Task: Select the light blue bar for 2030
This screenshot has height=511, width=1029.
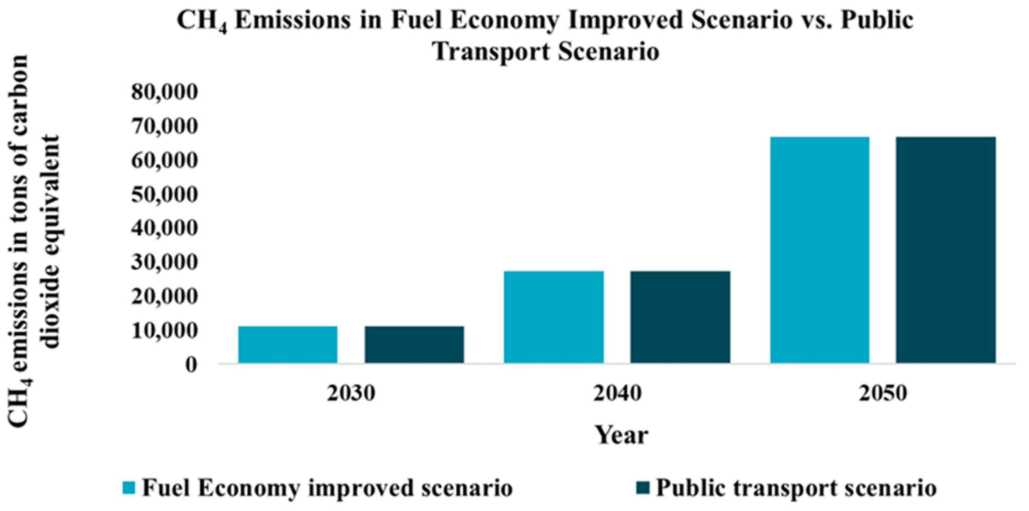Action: point(288,344)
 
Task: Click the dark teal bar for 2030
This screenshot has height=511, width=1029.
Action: point(414,344)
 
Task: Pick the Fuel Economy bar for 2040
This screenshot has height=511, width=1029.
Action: point(554,317)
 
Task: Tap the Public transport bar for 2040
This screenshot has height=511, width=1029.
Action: point(680,317)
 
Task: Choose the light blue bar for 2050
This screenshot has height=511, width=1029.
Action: point(820,250)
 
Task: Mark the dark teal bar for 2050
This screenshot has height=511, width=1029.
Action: point(946,250)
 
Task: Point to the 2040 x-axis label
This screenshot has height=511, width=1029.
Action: point(617,394)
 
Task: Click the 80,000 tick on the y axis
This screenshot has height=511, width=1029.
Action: point(164,92)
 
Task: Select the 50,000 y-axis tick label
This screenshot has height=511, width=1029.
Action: point(164,195)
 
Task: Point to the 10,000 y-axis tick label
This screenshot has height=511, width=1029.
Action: point(164,331)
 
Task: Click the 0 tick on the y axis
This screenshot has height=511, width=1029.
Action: point(191,365)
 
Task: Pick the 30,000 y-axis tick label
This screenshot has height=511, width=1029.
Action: point(164,263)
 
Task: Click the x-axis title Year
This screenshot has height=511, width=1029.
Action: point(622,435)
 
